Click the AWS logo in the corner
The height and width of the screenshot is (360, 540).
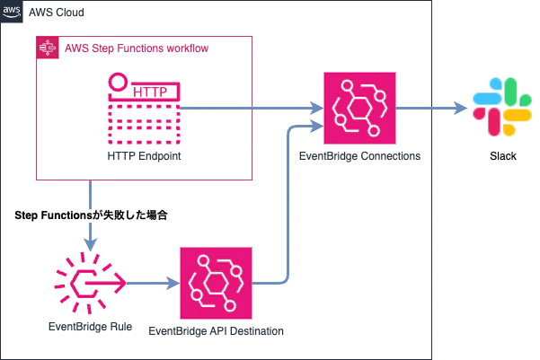coord(12,12)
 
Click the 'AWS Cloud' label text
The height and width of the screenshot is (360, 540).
coord(57,13)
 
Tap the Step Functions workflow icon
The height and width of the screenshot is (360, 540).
coord(48,48)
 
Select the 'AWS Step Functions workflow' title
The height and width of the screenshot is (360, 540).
coord(137,48)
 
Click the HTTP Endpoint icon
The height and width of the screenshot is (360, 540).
coord(144,109)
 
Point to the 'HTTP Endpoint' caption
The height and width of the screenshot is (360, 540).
coord(144,156)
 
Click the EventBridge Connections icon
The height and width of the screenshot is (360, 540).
coord(359,108)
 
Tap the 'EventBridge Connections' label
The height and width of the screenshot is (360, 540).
coord(359,156)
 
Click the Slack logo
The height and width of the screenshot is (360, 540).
coord(502,107)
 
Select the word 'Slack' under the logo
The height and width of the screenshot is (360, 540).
coord(503,156)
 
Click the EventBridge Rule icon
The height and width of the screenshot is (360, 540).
coord(90,283)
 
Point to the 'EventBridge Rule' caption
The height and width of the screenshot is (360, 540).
coord(90,327)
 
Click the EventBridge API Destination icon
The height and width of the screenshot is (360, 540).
coord(216,283)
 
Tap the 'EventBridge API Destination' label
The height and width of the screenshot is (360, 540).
coord(216,331)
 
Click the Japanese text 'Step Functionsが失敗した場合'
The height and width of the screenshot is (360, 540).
coord(91,215)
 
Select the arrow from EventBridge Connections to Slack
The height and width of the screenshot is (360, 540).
coord(431,108)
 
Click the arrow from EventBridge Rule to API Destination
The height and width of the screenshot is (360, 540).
coord(154,284)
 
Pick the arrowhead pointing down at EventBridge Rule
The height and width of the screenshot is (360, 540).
coord(90,244)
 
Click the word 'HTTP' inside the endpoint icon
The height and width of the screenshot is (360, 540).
coord(150,92)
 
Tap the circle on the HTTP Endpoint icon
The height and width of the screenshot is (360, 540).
coord(118,74)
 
